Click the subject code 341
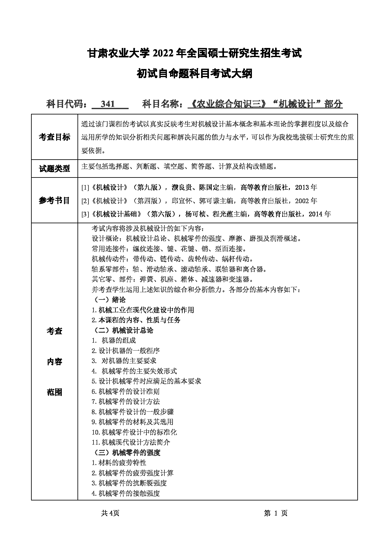coord(108,104)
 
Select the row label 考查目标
coord(54,137)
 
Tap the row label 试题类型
coord(54,168)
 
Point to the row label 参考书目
coord(54,201)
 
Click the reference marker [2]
coord(85,201)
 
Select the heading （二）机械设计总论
coord(124,330)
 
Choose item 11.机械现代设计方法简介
coord(131,442)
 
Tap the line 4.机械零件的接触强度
coord(125,493)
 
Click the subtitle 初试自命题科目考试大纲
coord(194,74)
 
